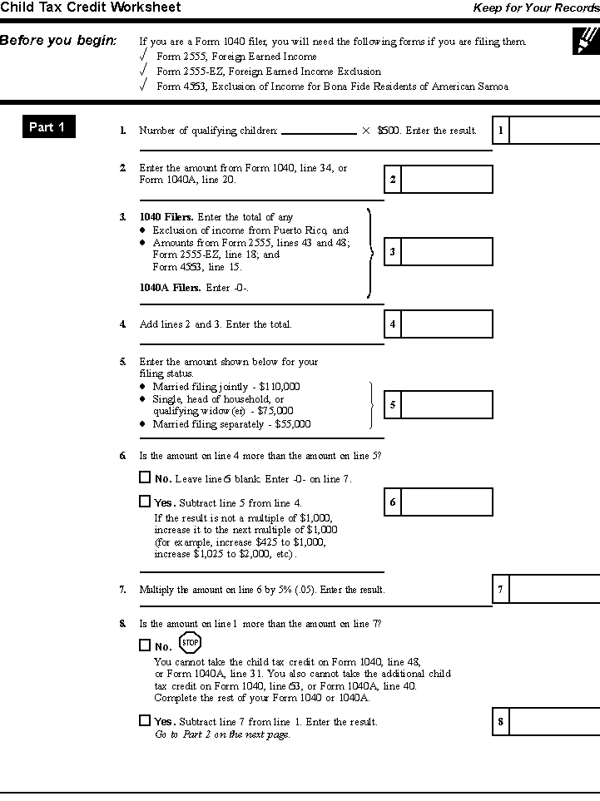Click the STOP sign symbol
pyautogui.click(x=191, y=642)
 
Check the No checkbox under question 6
pyautogui.click(x=145, y=477)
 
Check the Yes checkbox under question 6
pyautogui.click(x=145, y=502)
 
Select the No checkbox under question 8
pyautogui.click(x=145, y=645)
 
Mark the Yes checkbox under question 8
pyautogui.click(x=145, y=720)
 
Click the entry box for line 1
pyautogui.click(x=553, y=131)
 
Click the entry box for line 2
pyautogui.click(x=447, y=179)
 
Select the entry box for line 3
pyautogui.click(x=447, y=251)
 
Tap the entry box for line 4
pyautogui.click(x=447, y=324)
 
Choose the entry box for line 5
pyautogui.click(x=447, y=404)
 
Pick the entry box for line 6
pyautogui.click(x=447, y=502)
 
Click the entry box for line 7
pyautogui.click(x=553, y=589)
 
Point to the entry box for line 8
pyautogui.click(x=553, y=721)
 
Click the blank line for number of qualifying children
pyautogui.click(x=319, y=131)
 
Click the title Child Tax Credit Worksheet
pyautogui.click(x=91, y=7)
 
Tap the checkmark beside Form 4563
pyautogui.click(x=145, y=85)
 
